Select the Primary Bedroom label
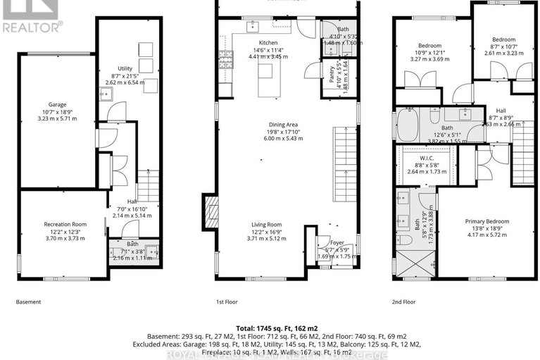tap(486, 221)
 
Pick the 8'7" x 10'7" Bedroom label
tap(503, 39)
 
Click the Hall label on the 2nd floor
tap(501, 111)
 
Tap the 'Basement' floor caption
tap(28, 302)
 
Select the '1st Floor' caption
tap(227, 302)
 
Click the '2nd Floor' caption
tap(405, 302)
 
